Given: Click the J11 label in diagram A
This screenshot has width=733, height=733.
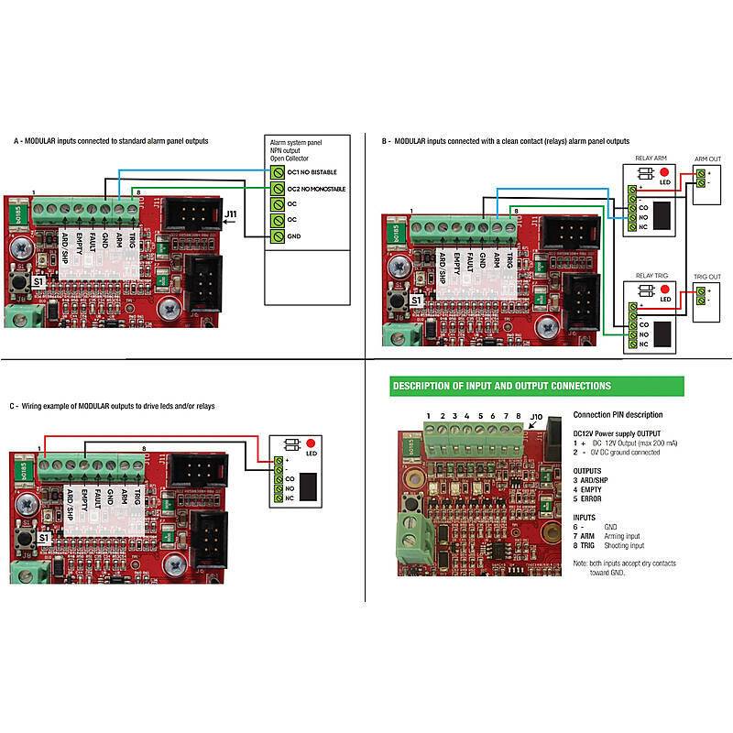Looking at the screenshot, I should click(233, 213).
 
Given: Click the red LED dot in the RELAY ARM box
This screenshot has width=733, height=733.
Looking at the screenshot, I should click(662, 171).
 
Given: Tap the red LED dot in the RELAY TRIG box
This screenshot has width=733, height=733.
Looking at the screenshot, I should click(662, 289).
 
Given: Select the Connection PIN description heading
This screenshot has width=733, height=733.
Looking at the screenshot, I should click(618, 414).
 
